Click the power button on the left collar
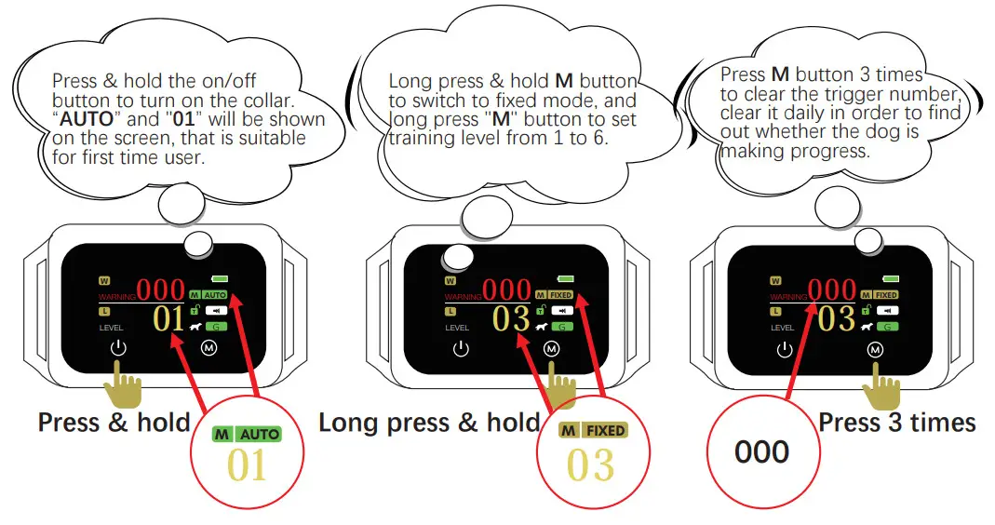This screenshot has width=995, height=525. pyautogui.click(x=116, y=349)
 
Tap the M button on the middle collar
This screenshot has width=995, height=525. pyautogui.click(x=552, y=349)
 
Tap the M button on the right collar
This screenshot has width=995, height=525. pyautogui.click(x=874, y=349)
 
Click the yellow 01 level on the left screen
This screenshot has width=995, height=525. pyautogui.click(x=169, y=319)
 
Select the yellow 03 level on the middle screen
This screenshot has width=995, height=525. pyautogui.click(x=511, y=319)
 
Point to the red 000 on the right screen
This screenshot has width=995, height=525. pyautogui.click(x=832, y=289)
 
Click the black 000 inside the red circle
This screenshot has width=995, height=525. pyautogui.click(x=761, y=452)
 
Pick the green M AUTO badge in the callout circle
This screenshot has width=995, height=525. pyautogui.click(x=247, y=434)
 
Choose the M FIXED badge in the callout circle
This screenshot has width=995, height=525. pyautogui.click(x=592, y=431)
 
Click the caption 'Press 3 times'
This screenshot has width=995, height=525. pyautogui.click(x=896, y=424)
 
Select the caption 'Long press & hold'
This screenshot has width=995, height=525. pyautogui.click(x=429, y=424)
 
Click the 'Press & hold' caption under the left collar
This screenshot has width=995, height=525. pyautogui.click(x=114, y=424)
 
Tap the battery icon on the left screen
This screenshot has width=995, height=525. pyautogui.click(x=221, y=278)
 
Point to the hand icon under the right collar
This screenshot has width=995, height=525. pyautogui.click(x=879, y=382)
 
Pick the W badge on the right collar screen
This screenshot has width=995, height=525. pyautogui.click(x=774, y=279)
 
